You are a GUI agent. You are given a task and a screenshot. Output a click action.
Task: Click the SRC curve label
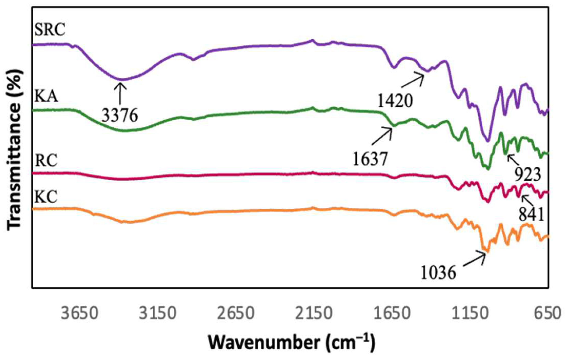click(50, 30)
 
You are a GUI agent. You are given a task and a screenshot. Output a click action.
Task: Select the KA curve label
click(46, 96)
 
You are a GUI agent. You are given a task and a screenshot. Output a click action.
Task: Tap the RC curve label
click(46, 161)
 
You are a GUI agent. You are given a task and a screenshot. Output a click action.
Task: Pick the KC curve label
click(46, 197)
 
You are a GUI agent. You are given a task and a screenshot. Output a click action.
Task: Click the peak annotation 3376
click(120, 116)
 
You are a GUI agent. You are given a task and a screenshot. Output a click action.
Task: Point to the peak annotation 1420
click(395, 101)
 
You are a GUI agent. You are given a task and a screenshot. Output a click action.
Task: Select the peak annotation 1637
click(370, 159)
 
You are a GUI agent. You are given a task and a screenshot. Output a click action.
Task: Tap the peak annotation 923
click(527, 175)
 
